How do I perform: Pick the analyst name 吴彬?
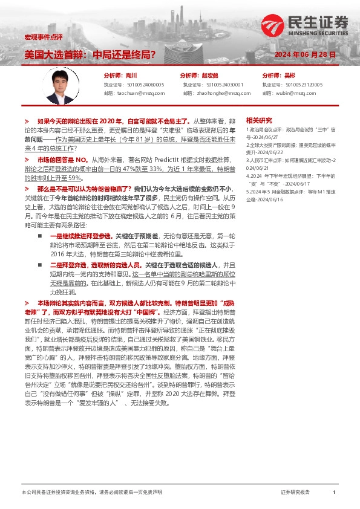pos(289,76)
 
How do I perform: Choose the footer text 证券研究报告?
pos(295,492)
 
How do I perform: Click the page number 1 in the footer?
pos(333,492)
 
